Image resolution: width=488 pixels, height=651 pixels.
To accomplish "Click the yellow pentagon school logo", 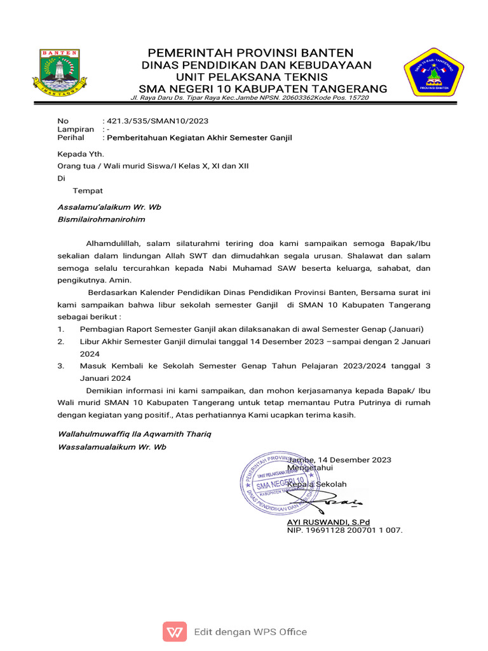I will tap(435, 71).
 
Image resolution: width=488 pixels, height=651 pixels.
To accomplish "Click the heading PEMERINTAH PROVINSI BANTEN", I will tap(251, 52).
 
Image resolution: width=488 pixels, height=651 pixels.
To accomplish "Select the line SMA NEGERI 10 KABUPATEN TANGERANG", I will tap(262, 88).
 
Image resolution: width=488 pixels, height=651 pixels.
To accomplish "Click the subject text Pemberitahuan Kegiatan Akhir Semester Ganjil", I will tap(199, 138).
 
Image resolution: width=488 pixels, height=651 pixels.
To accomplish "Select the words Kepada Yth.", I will tap(80, 154).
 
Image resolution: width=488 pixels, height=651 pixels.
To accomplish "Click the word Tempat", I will tap(88, 191).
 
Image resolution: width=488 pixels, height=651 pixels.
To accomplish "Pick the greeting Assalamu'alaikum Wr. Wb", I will tap(109, 207).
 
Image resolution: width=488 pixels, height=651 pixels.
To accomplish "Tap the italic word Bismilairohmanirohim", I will tap(101, 219).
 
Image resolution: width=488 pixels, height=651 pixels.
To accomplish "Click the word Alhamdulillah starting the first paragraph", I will tap(113, 243).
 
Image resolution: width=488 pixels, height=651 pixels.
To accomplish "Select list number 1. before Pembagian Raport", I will tap(61, 329).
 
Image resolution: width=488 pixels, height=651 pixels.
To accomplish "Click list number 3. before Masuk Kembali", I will tap(61, 366).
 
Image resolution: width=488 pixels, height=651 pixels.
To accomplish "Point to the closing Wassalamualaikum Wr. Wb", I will tap(112, 447).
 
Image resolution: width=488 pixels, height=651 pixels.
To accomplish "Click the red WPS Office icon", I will tap(175, 631).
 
